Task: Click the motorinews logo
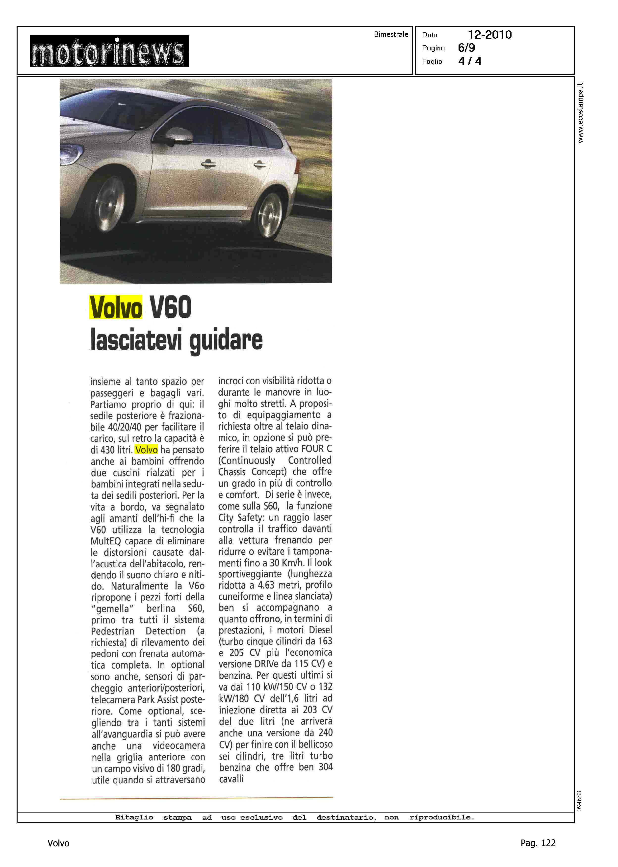click(109, 51)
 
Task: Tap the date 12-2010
click(489, 35)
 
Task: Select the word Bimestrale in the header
click(391, 34)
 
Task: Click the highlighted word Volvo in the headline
click(116, 307)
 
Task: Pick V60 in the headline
click(171, 307)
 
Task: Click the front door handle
click(208, 164)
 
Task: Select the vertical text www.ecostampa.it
click(580, 113)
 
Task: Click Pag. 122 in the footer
click(538, 843)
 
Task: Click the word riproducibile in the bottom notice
click(441, 817)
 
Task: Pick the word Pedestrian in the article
click(113, 631)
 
